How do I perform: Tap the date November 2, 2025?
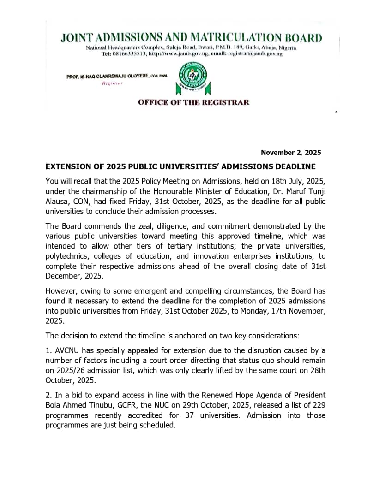[x=291, y=152]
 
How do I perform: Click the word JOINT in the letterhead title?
[x=78, y=38]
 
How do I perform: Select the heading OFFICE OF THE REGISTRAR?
[x=193, y=102]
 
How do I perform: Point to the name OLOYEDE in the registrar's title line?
[x=134, y=76]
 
